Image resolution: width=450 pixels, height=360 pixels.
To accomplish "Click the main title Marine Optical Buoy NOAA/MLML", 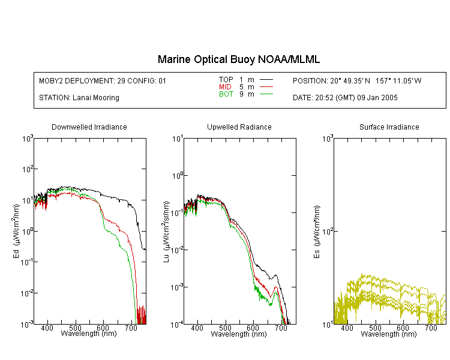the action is pyautogui.click(x=238, y=59).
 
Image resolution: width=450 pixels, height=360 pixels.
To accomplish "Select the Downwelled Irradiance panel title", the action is pyautogui.click(x=89, y=127).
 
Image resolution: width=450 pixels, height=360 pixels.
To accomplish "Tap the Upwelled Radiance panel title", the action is pyautogui.click(x=239, y=127).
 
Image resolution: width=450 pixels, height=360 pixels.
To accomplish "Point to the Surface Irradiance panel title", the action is pyautogui.click(x=389, y=127).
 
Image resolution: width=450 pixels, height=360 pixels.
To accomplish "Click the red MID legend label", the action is pyautogui.click(x=225, y=86).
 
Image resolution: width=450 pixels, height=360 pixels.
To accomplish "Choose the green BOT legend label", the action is pyautogui.click(x=226, y=94).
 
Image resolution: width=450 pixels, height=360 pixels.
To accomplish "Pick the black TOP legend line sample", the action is pyautogui.click(x=266, y=80).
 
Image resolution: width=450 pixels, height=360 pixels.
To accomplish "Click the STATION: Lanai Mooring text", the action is pyautogui.click(x=79, y=98).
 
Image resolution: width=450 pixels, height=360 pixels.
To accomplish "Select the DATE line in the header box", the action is pyautogui.click(x=345, y=98).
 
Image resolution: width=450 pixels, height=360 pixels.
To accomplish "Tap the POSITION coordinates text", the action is pyautogui.click(x=357, y=80).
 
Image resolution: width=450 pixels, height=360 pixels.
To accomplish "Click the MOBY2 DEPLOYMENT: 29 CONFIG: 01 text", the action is pyautogui.click(x=103, y=80).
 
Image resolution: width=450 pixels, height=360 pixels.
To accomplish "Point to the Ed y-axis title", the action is pyautogui.click(x=16, y=231).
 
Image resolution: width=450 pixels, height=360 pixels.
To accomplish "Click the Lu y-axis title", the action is pyautogui.click(x=166, y=232).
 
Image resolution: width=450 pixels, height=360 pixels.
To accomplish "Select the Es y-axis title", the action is pyautogui.click(x=317, y=232).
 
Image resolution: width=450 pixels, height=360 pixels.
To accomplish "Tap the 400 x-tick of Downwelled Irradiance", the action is pyautogui.click(x=47, y=328).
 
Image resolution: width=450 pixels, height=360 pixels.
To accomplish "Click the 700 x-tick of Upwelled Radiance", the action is pyautogui.click(x=281, y=328).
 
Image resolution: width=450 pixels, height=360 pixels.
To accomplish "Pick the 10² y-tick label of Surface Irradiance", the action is pyautogui.click(x=326, y=230).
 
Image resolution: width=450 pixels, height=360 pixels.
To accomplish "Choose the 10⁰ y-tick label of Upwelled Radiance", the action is pyautogui.click(x=177, y=175).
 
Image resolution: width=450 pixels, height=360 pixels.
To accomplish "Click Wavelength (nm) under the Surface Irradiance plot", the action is pyautogui.click(x=389, y=334).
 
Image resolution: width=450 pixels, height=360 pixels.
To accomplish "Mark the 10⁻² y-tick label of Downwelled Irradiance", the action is pyautogui.click(x=26, y=293).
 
